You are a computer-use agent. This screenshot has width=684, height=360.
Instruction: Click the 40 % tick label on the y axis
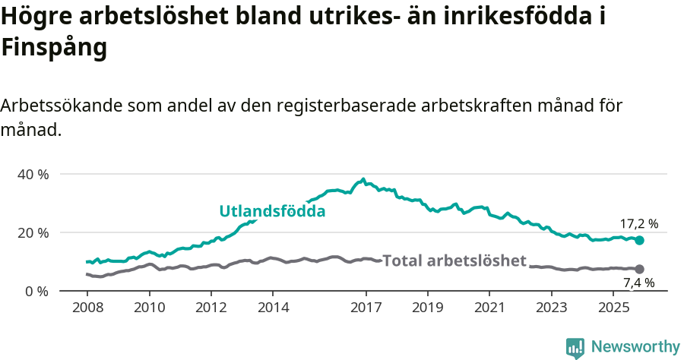[x=33, y=174]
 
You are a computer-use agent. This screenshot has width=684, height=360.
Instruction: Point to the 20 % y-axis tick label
[x=33, y=232]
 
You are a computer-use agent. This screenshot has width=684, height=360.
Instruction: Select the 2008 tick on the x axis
[x=88, y=309]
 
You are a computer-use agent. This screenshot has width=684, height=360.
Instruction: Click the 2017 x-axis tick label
[x=366, y=309]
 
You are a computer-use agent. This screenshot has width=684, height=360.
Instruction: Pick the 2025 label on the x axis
[x=613, y=309]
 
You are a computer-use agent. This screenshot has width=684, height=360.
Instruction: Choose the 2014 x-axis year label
[x=273, y=309]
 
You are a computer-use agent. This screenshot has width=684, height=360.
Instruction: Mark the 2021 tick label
[x=489, y=309]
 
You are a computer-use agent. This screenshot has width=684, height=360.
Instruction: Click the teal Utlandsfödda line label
[x=272, y=211]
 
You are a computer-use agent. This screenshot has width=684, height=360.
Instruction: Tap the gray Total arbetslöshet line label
[x=454, y=261]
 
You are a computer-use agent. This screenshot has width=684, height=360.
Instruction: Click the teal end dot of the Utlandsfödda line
[x=639, y=240]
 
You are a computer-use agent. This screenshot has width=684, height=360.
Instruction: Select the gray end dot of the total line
[x=639, y=269]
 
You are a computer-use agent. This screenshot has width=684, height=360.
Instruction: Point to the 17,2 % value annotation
[x=638, y=224]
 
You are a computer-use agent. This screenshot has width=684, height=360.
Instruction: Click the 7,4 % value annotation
[x=638, y=283]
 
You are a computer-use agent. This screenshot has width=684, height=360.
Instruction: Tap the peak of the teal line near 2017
[x=363, y=180]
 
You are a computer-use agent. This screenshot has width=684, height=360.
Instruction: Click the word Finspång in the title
[x=53, y=48]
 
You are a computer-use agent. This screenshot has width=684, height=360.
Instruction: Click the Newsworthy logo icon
[x=575, y=348]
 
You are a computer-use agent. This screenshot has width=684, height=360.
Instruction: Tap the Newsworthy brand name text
[x=635, y=347]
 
